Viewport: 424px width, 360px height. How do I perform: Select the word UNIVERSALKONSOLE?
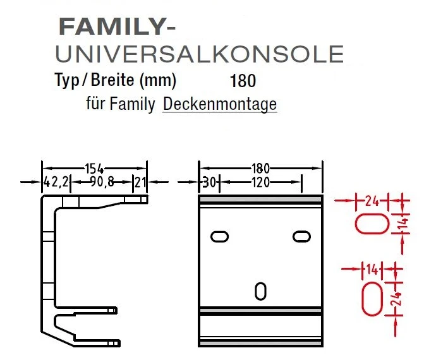[200, 54]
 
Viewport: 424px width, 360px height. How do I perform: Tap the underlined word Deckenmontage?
[220, 104]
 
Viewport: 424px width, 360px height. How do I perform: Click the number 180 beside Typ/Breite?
[244, 81]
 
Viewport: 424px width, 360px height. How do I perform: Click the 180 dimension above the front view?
[260, 168]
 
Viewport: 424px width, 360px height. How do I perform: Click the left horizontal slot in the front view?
[219, 236]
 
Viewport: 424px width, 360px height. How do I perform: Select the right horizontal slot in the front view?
[301, 236]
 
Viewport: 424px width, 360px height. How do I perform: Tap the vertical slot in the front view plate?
[260, 291]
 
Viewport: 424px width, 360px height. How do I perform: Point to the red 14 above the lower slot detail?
[372, 270]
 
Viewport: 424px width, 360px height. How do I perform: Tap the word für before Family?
[95, 104]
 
